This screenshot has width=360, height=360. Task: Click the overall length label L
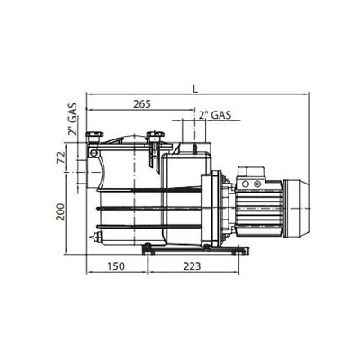(195, 89)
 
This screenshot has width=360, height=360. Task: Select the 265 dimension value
(142, 104)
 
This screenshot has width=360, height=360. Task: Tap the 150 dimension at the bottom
(116, 266)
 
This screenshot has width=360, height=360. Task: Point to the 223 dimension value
(192, 266)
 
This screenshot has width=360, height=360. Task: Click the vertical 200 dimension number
(60, 212)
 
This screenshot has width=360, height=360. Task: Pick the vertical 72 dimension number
(60, 157)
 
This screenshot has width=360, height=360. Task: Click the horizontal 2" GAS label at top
(215, 115)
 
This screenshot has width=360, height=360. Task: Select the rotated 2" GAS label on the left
(72, 119)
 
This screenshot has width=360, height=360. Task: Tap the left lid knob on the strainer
(94, 137)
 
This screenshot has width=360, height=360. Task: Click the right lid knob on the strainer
(155, 137)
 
